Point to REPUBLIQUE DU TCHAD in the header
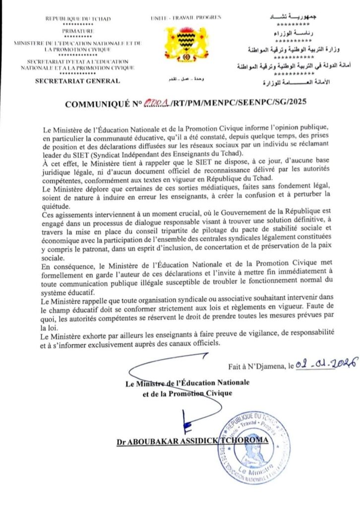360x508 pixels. [78, 19]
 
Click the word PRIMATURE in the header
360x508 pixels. [78, 31]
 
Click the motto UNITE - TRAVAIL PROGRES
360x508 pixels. [185, 18]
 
